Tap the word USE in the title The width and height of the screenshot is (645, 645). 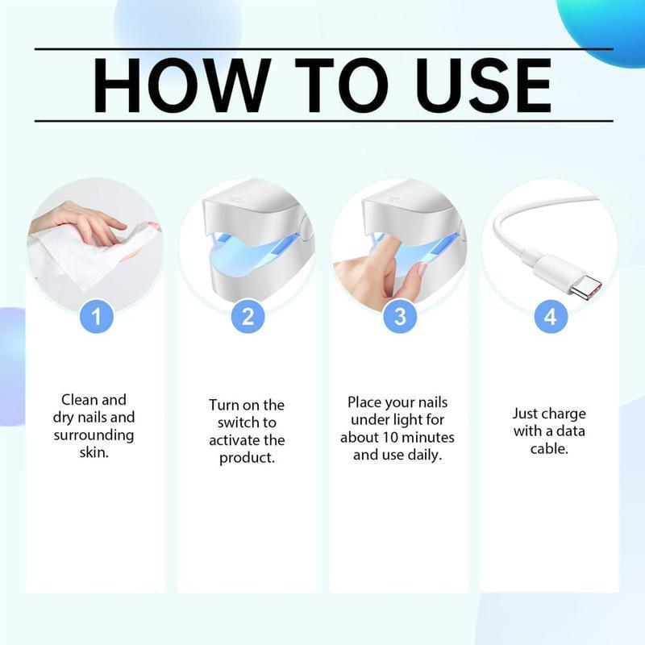pos(475,85)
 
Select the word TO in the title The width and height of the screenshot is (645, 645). pos(331,85)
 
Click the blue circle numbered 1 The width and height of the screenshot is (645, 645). pos(96,316)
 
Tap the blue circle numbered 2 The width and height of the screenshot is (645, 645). pos(248,316)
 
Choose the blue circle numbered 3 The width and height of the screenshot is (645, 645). pos(399,316)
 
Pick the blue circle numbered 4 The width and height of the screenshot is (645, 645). pos(550,316)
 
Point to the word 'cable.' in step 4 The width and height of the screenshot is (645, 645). pos(549,448)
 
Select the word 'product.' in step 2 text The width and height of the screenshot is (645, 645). pos(248,458)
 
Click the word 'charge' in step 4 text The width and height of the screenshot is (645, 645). pos(564,414)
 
